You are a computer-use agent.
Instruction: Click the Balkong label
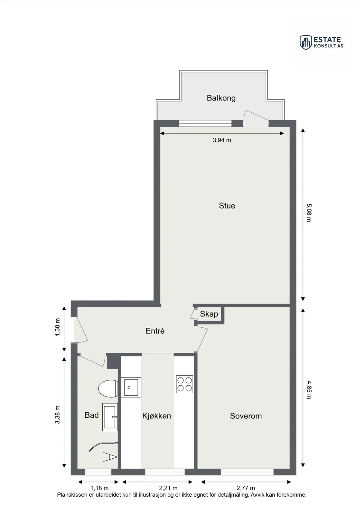(221, 98)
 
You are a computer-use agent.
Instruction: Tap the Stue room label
(227, 206)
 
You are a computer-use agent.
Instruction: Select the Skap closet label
(209, 314)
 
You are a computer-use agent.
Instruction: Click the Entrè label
(155, 331)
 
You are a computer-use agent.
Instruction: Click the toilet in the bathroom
(108, 388)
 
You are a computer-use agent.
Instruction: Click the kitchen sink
(131, 387)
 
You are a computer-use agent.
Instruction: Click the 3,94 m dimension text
(222, 140)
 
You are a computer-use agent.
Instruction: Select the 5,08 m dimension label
(309, 213)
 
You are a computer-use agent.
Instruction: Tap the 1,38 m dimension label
(57, 327)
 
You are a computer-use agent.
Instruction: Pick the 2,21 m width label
(168, 488)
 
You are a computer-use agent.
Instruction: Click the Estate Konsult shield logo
(306, 42)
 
